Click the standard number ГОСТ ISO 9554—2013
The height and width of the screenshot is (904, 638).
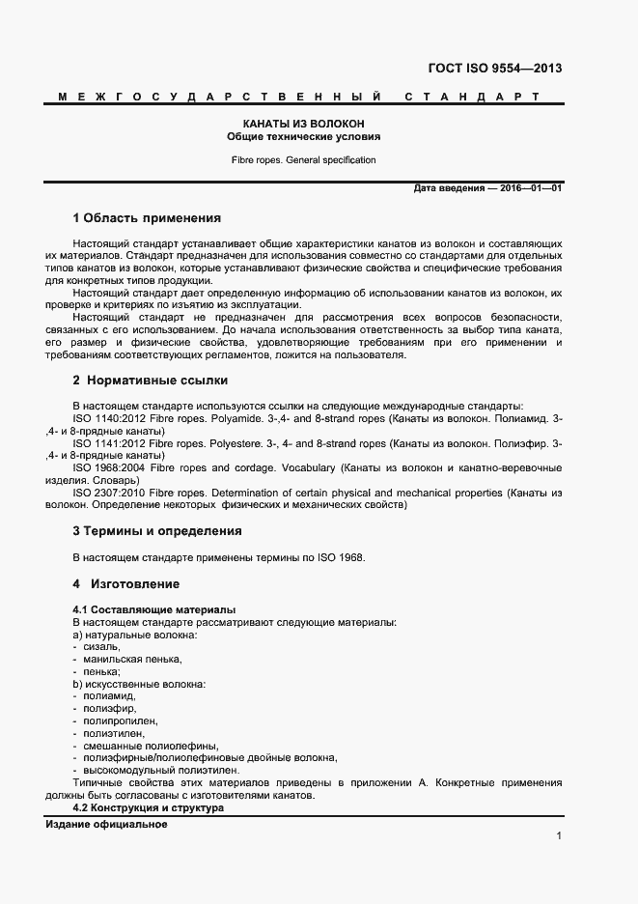click(x=493, y=69)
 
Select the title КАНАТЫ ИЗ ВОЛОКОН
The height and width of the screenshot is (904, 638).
click(x=303, y=124)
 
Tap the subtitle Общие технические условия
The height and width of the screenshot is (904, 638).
click(x=303, y=137)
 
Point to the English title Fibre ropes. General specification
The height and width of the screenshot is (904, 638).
click(x=303, y=160)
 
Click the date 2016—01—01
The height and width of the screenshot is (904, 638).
click(x=530, y=188)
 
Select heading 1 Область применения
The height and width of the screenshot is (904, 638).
click(x=147, y=218)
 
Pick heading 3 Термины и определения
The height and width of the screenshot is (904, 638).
click(x=157, y=530)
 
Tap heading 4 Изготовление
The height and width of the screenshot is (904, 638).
click(x=126, y=584)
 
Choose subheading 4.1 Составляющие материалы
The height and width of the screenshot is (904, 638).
click(x=154, y=610)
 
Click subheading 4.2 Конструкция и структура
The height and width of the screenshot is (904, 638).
click(x=149, y=807)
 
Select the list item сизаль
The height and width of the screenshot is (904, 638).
click(x=101, y=647)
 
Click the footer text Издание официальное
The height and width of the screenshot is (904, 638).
click(x=107, y=825)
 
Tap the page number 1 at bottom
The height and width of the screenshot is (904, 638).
click(x=559, y=836)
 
